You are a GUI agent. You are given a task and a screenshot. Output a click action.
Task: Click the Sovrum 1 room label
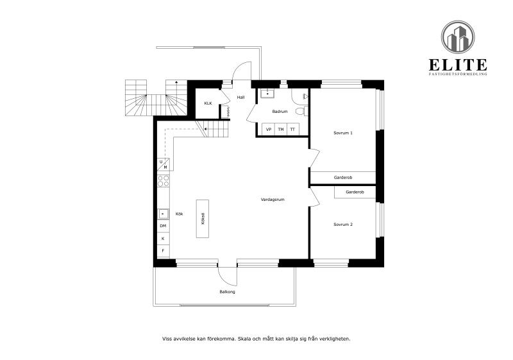pyautogui.click(x=343, y=133)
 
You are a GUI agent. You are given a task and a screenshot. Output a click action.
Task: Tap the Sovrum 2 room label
pyautogui.click(x=343, y=225)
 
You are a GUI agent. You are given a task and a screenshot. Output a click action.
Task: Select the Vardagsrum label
pyautogui.click(x=273, y=200)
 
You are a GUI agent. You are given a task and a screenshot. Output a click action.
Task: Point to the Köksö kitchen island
pyautogui.click(x=203, y=218)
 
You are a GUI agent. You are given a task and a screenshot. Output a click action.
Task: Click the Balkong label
pyautogui.click(x=227, y=292)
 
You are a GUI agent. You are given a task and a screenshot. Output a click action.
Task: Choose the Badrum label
pyautogui.click(x=279, y=112)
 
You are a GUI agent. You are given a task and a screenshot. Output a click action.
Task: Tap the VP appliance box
pyautogui.click(x=269, y=130)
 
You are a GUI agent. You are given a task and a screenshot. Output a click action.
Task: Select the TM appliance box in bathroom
pyautogui.click(x=281, y=130)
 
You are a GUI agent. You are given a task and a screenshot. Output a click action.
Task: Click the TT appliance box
pyautogui.click(x=292, y=130)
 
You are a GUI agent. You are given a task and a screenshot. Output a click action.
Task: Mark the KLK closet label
pyautogui.click(x=208, y=103)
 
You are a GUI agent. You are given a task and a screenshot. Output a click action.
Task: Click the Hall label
pyautogui.click(x=240, y=98)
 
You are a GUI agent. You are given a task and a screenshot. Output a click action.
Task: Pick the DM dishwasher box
pyautogui.click(x=163, y=226)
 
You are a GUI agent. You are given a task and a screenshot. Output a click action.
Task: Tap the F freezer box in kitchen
pyautogui.click(x=163, y=250)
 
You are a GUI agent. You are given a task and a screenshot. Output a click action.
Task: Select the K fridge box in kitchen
pyautogui.click(x=163, y=238)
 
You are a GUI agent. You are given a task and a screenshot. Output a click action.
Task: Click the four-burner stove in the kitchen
pyautogui.click(x=164, y=180)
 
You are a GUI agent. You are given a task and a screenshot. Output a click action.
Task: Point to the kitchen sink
pyautogui.click(x=163, y=214)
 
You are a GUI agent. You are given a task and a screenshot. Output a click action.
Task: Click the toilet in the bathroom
pyautogui.click(x=299, y=111)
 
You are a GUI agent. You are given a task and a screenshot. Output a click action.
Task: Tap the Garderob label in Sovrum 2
pyautogui.click(x=355, y=192)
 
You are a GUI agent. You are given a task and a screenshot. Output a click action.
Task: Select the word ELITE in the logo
pyautogui.click(x=458, y=64)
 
